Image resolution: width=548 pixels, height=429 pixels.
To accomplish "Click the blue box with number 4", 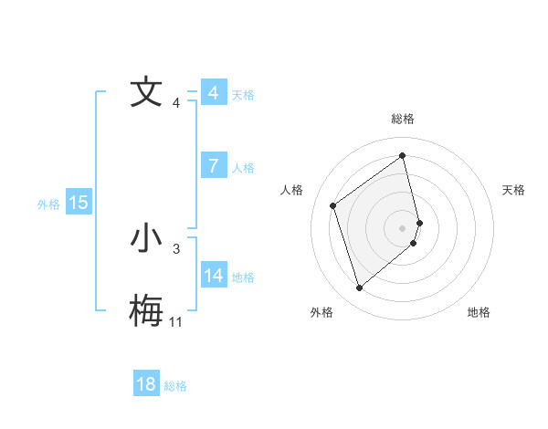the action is click(214, 93).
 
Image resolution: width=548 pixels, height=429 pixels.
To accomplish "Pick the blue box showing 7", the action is click(214, 166).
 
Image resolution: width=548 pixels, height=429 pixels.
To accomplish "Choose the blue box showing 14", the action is click(214, 275).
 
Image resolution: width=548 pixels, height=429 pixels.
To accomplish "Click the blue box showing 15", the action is click(79, 203).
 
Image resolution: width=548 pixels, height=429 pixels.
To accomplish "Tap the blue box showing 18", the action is click(146, 384).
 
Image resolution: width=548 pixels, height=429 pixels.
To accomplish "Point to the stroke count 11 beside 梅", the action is click(175, 321).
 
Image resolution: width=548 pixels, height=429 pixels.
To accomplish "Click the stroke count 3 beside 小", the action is click(176, 248).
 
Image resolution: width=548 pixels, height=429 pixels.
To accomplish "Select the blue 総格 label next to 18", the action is click(175, 386).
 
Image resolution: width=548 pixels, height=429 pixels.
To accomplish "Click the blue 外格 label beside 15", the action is click(48, 204).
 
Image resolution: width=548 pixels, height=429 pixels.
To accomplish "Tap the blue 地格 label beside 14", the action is click(243, 277).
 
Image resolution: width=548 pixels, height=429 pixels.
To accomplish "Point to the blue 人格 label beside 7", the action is click(243, 168).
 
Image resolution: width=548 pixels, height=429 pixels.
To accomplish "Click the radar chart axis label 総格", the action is click(403, 119).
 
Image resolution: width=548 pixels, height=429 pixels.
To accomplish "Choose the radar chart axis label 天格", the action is click(514, 190).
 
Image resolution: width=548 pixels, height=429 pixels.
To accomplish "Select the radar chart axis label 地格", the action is click(479, 312).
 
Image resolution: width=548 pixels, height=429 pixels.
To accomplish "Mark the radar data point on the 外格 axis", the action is click(359, 288).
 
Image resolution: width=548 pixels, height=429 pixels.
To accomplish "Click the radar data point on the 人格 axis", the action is click(333, 205).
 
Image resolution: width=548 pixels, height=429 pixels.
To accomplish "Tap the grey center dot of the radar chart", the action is click(403, 228).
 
